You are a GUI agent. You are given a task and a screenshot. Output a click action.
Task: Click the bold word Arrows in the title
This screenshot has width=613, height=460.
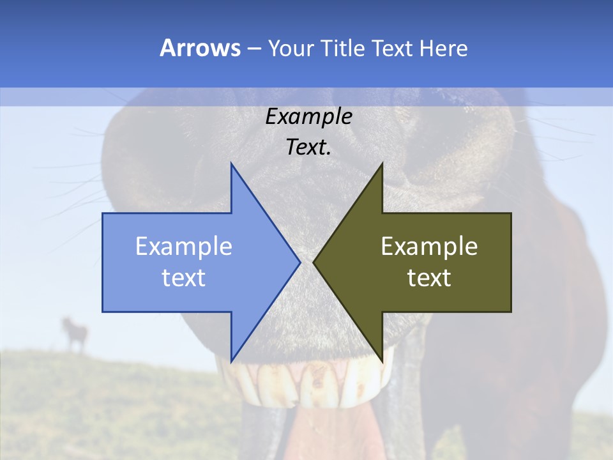pos(200,48)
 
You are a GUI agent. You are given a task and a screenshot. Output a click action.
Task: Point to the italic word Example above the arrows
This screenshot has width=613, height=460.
pos(309,116)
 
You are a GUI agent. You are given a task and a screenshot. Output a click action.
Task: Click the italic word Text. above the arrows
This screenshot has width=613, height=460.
pos(309,147)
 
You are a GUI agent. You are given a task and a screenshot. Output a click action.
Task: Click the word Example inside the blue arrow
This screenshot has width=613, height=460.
pos(184,247)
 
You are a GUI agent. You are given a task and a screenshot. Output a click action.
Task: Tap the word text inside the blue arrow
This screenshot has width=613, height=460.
pos(184,277)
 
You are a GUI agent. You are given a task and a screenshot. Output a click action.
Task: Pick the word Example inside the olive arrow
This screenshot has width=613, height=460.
pos(429,247)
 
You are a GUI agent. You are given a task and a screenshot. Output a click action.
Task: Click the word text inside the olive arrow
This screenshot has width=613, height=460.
pos(429,277)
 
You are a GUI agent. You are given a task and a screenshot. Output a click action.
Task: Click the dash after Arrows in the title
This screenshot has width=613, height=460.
pos(254,49)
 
